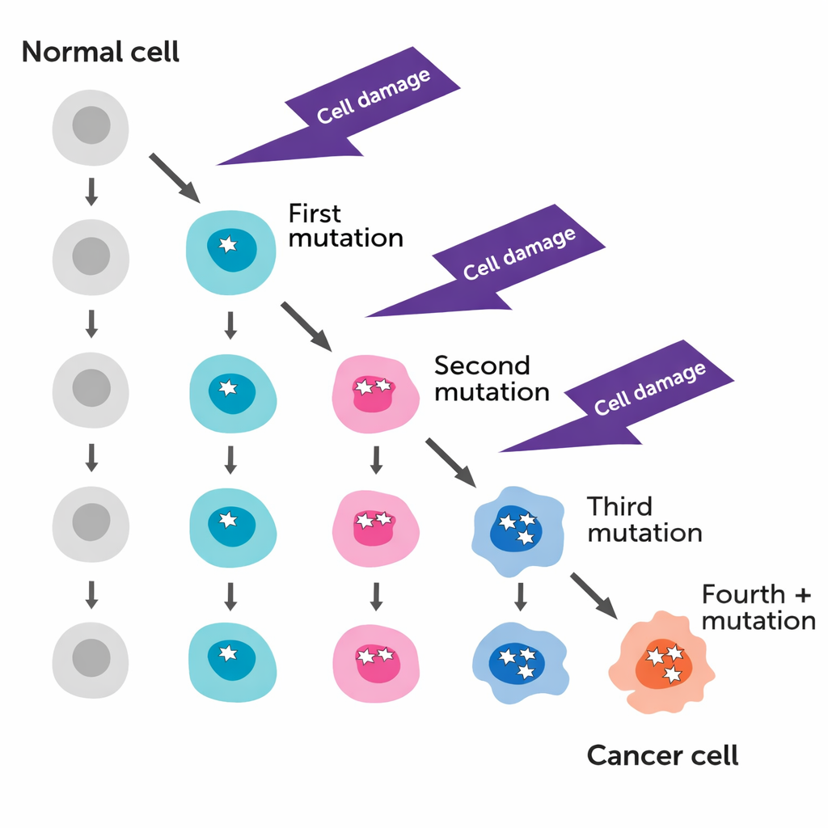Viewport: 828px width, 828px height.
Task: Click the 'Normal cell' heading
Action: pos(100,53)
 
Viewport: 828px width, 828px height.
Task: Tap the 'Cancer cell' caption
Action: pos(661,756)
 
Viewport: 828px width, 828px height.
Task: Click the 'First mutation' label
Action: pos(345,226)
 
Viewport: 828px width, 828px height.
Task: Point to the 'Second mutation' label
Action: pos(492,378)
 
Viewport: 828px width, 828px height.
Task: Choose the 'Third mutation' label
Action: pos(644,520)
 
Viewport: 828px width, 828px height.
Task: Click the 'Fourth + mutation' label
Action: pos(758,607)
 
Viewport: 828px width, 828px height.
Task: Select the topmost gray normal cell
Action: pos(91,127)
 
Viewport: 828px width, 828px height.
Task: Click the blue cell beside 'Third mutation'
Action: pos(516,530)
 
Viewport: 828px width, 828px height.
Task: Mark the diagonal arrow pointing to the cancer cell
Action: pos(594,595)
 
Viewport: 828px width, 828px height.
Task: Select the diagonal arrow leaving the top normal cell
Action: pos(174,177)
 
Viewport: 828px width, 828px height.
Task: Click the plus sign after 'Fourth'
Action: pos(801,595)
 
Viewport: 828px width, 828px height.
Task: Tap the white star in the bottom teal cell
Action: pos(229,653)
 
